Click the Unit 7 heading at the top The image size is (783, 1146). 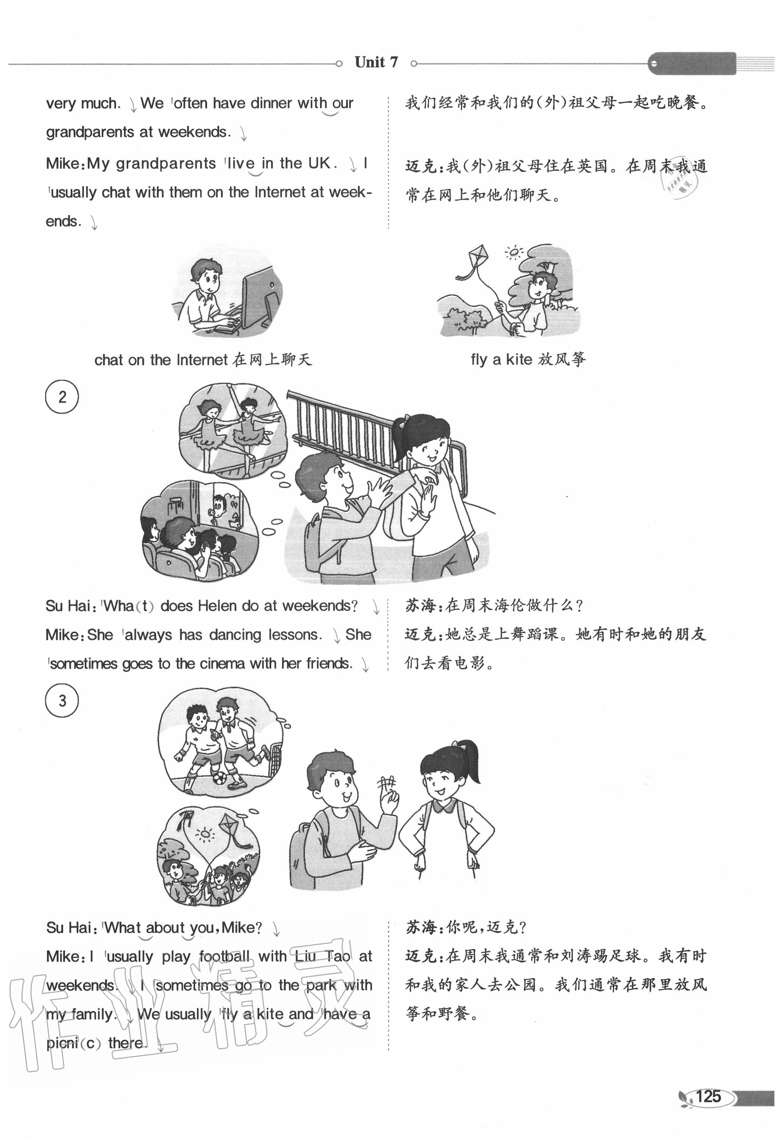click(x=376, y=62)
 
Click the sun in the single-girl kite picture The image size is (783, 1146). click(x=514, y=252)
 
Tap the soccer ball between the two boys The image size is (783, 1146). click(x=220, y=778)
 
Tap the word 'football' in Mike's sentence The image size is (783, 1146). click(x=225, y=957)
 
